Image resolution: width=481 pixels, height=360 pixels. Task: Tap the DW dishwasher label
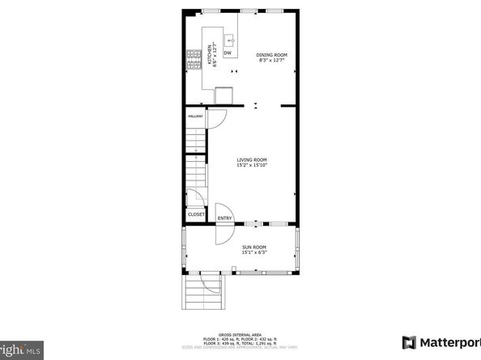pos(228,53)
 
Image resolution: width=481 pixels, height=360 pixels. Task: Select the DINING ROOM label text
pos(272,55)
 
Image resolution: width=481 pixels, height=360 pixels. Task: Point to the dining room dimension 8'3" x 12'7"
pos(272,60)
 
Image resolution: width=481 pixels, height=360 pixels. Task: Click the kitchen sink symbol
pos(229,37)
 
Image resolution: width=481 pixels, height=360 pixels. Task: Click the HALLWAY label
pos(195,116)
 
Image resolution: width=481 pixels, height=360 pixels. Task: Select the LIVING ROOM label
pos(252,160)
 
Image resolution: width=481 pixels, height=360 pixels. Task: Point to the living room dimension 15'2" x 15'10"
pos(252,166)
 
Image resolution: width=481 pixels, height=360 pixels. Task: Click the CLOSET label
pos(196,214)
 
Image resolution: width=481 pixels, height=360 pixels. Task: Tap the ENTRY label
pos(224,218)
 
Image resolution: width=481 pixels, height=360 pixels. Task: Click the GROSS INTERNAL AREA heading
pos(240,332)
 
